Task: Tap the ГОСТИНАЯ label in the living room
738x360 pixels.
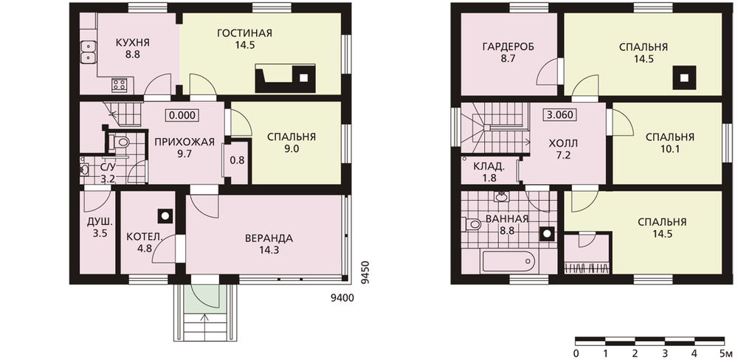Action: pos(245,33)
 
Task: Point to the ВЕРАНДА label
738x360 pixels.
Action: pos(269,238)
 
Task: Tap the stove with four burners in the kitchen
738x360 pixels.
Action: pos(119,85)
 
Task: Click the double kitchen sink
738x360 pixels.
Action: pos(88,52)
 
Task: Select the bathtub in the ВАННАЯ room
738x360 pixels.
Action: pos(508,262)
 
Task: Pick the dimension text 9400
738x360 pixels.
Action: pos(342,298)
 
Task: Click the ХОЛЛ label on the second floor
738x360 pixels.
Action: pos(563,143)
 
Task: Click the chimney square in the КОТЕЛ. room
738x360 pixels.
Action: pos(165,216)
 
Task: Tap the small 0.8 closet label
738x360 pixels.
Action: pos(237,160)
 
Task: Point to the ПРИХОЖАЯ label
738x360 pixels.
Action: pos(182,142)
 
